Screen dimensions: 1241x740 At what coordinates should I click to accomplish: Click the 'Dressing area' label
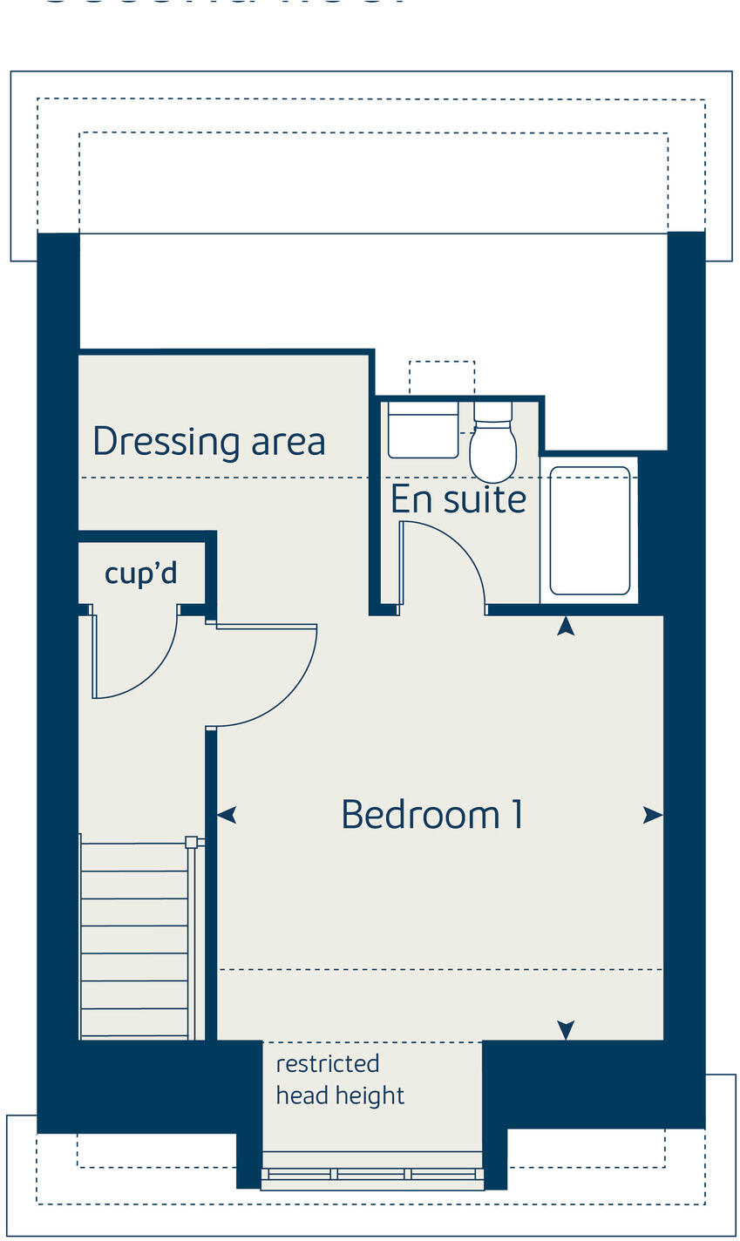(x=208, y=441)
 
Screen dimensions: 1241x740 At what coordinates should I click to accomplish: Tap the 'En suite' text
(x=458, y=499)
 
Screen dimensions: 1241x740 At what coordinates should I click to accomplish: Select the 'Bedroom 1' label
(x=431, y=815)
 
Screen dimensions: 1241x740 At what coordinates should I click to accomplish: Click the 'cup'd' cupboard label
(x=141, y=573)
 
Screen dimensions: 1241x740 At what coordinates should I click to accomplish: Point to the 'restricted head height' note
(x=340, y=1080)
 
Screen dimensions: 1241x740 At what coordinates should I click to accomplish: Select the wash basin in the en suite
(x=423, y=429)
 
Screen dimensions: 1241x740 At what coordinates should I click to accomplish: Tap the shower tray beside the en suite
(x=590, y=531)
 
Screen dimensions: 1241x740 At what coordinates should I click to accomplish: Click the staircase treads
(x=134, y=941)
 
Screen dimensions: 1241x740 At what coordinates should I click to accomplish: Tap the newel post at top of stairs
(x=191, y=842)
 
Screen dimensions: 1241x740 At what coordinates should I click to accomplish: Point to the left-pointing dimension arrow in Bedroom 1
(x=227, y=816)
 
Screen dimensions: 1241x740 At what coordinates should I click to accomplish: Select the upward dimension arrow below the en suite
(x=567, y=625)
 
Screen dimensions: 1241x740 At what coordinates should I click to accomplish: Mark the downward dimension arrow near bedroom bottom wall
(x=567, y=1030)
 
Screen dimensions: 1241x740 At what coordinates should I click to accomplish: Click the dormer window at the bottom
(x=372, y=1174)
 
